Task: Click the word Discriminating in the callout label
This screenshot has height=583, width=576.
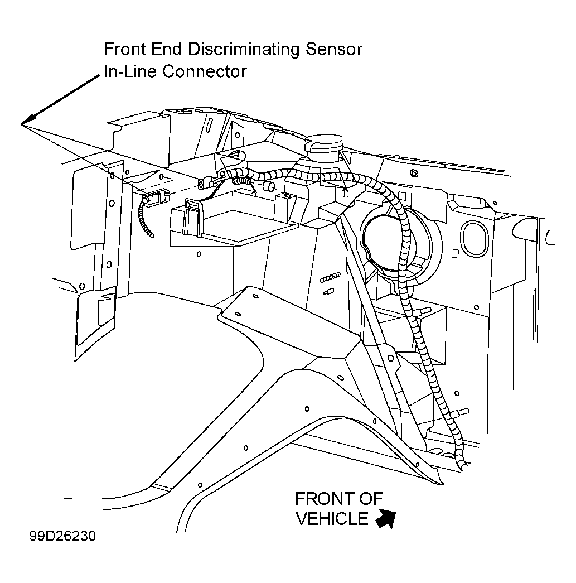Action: point(244,50)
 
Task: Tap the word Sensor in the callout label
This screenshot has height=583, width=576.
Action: point(333,50)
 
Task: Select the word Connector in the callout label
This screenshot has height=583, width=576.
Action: point(205,71)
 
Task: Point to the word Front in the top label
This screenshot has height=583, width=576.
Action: point(124,49)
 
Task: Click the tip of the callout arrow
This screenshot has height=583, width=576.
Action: point(22,124)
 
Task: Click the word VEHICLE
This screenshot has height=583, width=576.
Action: point(332,519)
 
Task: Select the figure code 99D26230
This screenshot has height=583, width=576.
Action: point(62,536)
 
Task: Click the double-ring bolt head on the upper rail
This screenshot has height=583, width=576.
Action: point(413,173)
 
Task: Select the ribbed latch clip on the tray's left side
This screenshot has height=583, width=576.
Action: point(192,218)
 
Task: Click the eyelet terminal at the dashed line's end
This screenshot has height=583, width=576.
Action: point(202,184)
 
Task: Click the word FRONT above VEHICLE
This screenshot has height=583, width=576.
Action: point(339,499)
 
